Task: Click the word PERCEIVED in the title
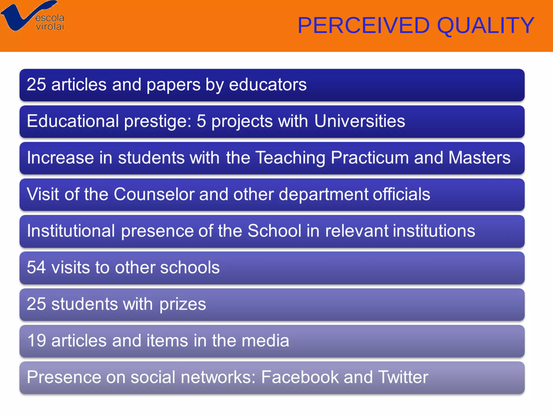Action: point(363,25)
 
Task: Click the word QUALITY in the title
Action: point(485,25)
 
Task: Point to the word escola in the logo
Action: point(50,18)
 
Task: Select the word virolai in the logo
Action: point(50,26)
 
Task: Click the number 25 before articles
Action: point(36,84)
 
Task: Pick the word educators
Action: point(268,84)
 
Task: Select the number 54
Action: point(36,267)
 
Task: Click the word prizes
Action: point(183,304)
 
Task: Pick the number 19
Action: point(37,340)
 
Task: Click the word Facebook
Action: point(300,377)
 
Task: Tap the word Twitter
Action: point(403,377)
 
